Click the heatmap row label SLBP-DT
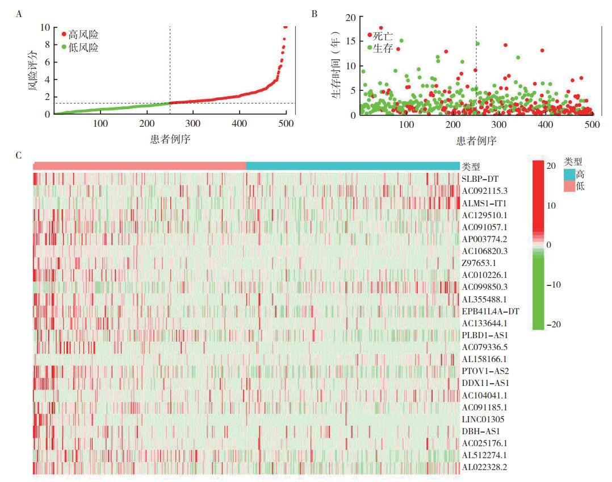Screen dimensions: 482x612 click(x=480, y=178)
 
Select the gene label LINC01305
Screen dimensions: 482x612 click(x=484, y=419)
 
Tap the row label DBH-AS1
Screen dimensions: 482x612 click(x=481, y=431)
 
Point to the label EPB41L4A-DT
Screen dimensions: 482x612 click(x=491, y=311)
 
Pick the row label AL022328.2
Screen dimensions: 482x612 click(x=484, y=467)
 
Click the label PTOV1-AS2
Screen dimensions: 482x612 click(x=484, y=371)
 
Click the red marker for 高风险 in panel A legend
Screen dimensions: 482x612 click(x=64, y=35)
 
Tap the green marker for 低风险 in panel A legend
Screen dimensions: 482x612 click(x=64, y=48)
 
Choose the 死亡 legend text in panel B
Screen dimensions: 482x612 click(x=383, y=35)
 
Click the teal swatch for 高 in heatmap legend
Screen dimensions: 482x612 click(x=570, y=174)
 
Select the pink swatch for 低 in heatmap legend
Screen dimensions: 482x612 click(x=570, y=186)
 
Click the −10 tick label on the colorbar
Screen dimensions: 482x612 click(x=553, y=285)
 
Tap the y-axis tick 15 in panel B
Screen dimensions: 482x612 click(x=351, y=41)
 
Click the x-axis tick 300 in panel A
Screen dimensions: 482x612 click(x=193, y=123)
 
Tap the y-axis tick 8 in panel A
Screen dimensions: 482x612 click(x=46, y=44)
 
